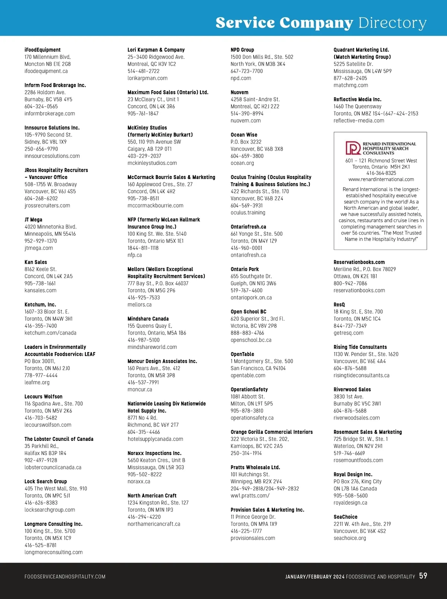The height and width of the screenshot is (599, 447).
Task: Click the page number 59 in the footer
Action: coord(423,576)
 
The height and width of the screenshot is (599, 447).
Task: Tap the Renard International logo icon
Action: coord(353,148)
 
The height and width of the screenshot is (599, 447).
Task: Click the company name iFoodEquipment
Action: coord(42,50)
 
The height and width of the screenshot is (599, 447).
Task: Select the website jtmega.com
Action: coord(39,248)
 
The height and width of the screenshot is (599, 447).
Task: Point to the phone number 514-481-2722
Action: coord(143,71)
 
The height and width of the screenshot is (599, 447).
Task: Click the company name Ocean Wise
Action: coord(244,135)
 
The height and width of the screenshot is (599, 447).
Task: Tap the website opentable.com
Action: coord(248,375)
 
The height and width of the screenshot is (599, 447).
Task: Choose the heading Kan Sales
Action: coord(36,262)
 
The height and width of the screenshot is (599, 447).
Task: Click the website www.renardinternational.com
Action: coord(381,179)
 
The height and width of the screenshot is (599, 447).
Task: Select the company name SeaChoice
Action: coord(345,517)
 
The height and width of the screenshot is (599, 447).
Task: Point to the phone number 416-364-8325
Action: coord(381,173)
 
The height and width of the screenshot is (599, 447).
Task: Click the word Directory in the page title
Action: coord(392,23)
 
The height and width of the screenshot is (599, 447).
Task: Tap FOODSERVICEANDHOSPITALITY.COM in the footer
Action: coord(65,577)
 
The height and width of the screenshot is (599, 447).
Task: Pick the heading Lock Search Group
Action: coord(46,482)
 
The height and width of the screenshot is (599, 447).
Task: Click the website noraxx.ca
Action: coord(139,482)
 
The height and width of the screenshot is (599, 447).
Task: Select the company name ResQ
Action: coord(339,305)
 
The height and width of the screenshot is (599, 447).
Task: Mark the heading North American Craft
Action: coord(152,496)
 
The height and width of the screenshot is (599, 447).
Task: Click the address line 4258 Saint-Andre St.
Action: coord(255,99)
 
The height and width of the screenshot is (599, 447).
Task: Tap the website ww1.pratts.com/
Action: coord(250,496)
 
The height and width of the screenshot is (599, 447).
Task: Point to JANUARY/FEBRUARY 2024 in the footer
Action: coord(315,577)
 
